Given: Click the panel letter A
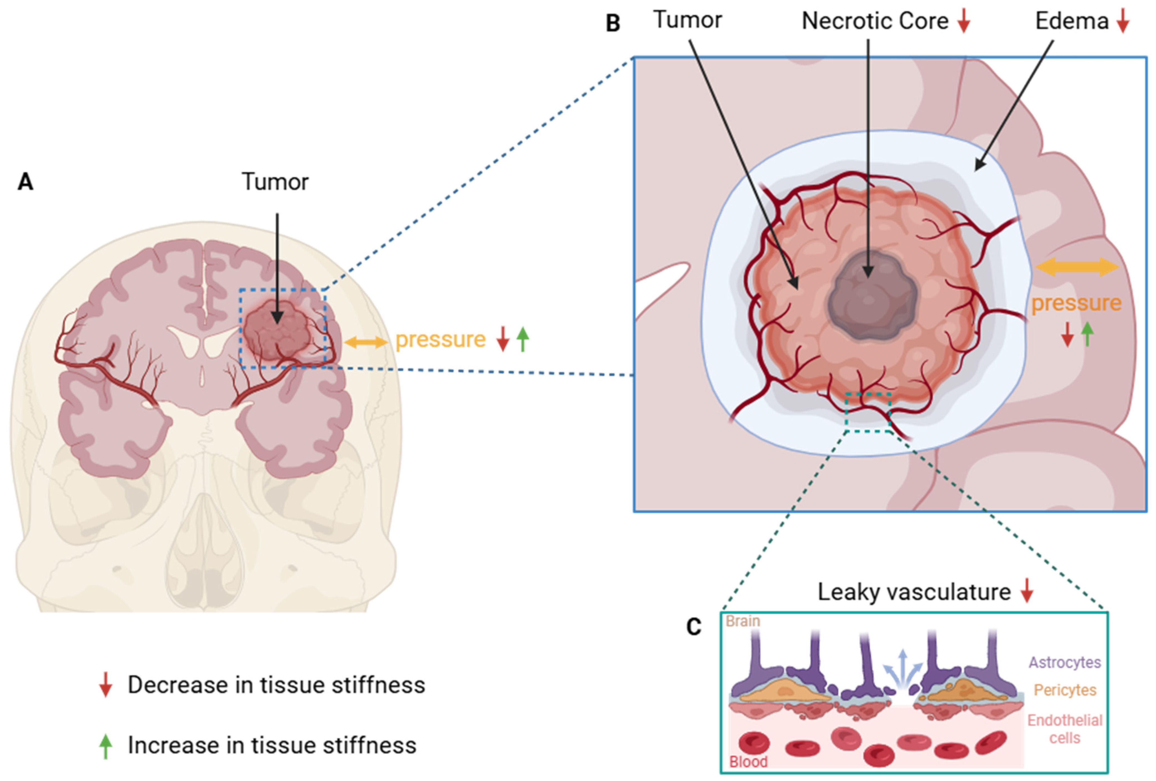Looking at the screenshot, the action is [25, 182].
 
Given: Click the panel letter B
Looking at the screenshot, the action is [613, 23].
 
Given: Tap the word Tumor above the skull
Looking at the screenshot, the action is [275, 182].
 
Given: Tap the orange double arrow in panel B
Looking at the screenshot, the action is [1077, 267].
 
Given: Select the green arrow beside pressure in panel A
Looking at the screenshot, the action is [522, 339].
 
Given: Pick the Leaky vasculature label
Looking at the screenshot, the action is [914, 592].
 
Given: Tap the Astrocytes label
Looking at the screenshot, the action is [1065, 662].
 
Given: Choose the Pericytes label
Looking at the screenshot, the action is [1065, 690].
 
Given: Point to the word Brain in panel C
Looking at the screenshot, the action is [743, 621].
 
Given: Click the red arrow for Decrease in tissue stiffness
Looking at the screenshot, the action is [105, 685].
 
